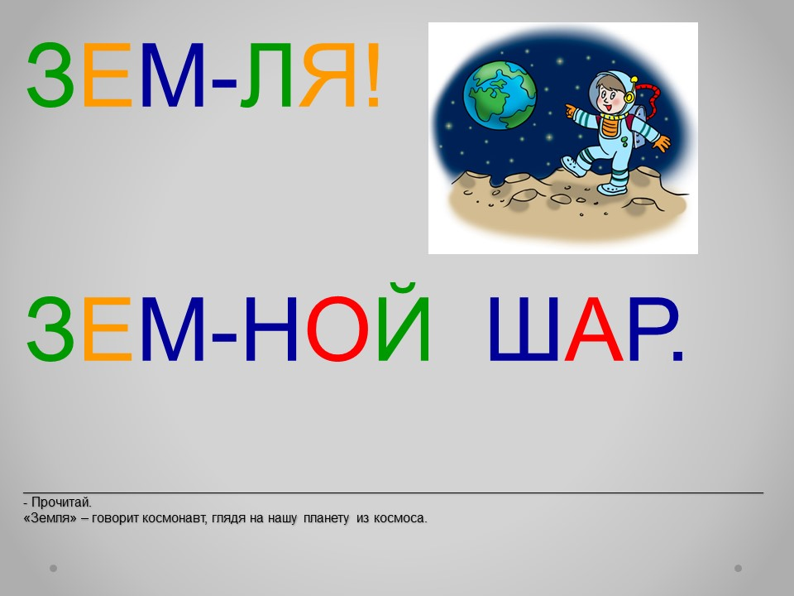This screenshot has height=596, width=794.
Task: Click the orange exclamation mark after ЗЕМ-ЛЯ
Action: pyautogui.click(x=373, y=75)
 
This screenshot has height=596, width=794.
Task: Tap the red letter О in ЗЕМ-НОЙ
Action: pyautogui.click(x=339, y=329)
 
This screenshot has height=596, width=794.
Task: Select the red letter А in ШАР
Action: pyautogui.click(x=594, y=329)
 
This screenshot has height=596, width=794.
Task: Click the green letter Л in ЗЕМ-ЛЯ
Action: pyautogui.click(x=265, y=75)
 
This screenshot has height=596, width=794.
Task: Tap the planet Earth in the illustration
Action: pyautogui.click(x=500, y=94)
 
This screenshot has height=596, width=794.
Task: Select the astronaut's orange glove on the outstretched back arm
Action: pyautogui.click(x=662, y=143)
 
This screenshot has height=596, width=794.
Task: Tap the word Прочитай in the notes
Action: pyautogui.click(x=61, y=502)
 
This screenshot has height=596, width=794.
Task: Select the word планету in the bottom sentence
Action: pyautogui.click(x=326, y=518)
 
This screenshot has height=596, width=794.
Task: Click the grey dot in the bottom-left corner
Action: pyautogui.click(x=53, y=568)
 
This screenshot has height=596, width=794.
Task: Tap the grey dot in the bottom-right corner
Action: pyautogui.click(x=739, y=568)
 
